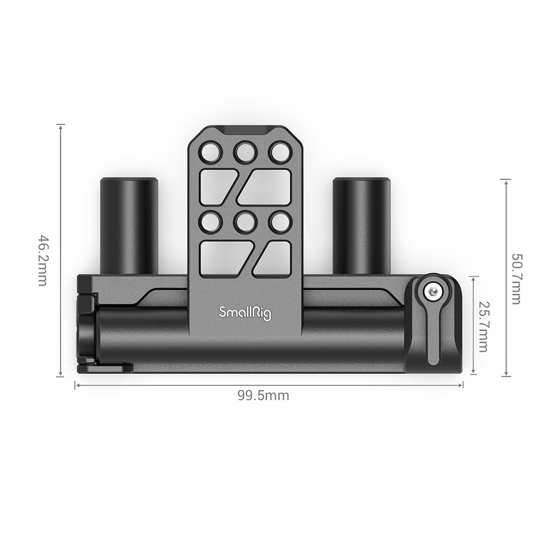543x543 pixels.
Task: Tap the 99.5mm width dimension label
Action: coord(263,396)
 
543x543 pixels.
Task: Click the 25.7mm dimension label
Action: coord(483,326)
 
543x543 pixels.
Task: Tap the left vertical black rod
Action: coord(129,225)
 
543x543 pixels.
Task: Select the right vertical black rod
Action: coord(361,225)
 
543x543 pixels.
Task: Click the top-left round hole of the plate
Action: coord(210,153)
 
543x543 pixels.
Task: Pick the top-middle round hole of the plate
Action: coord(245,153)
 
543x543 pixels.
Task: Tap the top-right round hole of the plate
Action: coord(279,153)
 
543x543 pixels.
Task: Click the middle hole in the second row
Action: coord(245,222)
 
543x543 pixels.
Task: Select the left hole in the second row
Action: coord(210,222)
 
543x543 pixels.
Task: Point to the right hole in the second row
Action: coord(279,222)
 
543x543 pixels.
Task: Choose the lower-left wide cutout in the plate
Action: coord(224,258)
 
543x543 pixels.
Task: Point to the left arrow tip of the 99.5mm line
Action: coord(75,385)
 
